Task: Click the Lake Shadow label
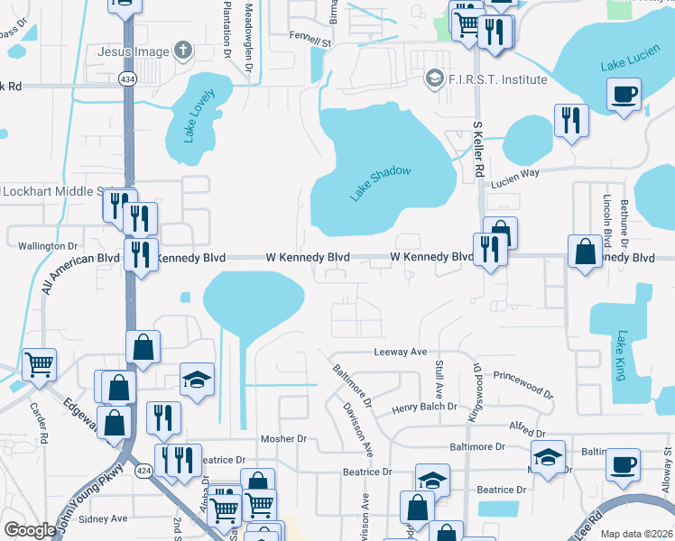pos(380,183)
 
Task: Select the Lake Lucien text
pos(629,65)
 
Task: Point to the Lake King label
pos(621,355)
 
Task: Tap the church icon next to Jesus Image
pos(183,51)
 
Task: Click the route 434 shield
pos(127,79)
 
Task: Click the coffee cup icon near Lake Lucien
pos(624,94)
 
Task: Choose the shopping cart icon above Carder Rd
pos(39,365)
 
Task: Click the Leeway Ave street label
pos(400,353)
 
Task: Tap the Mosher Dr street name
pos(284,438)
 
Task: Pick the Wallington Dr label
pos(49,245)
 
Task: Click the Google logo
pos(29,530)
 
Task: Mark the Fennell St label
pos(310,41)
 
